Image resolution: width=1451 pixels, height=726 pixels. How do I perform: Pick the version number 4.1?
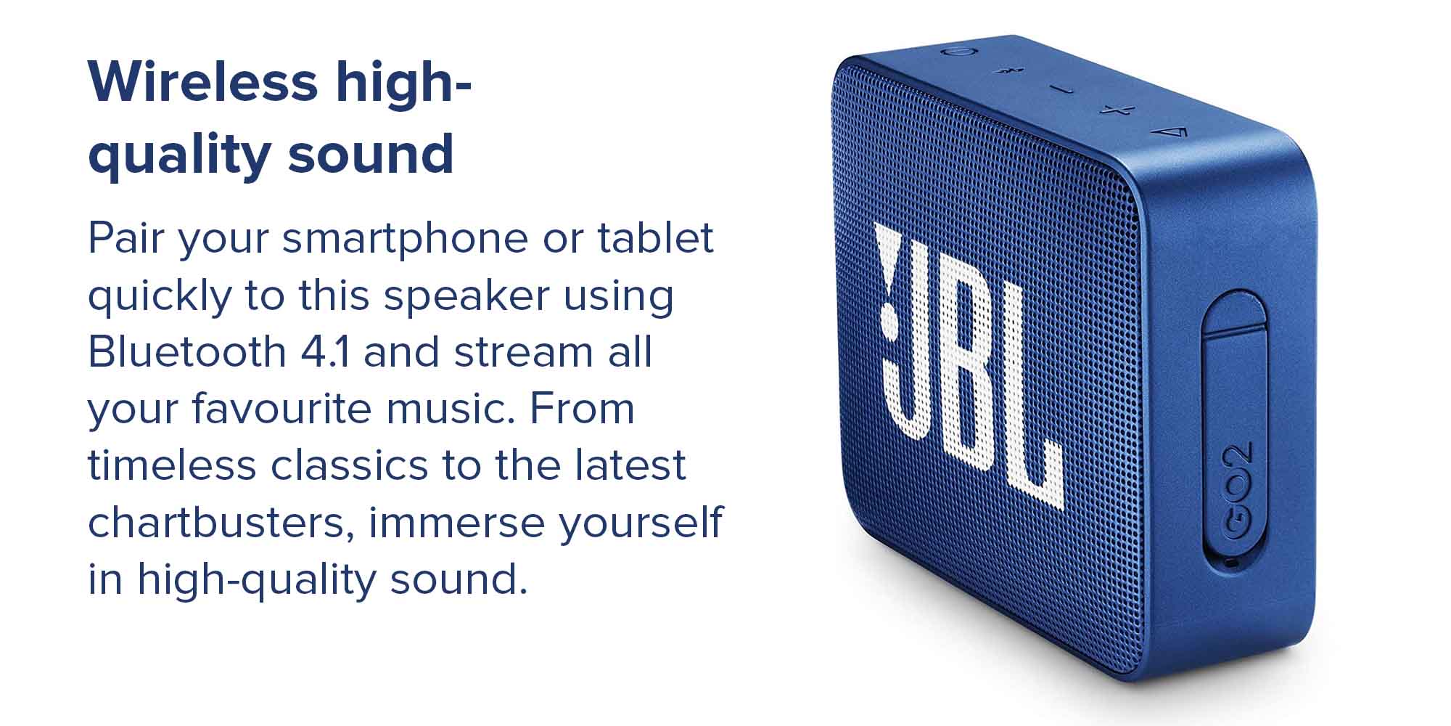(324, 352)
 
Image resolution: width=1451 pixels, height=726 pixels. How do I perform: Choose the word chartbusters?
(221, 523)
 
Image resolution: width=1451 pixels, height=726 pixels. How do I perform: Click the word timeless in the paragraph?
(172, 465)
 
